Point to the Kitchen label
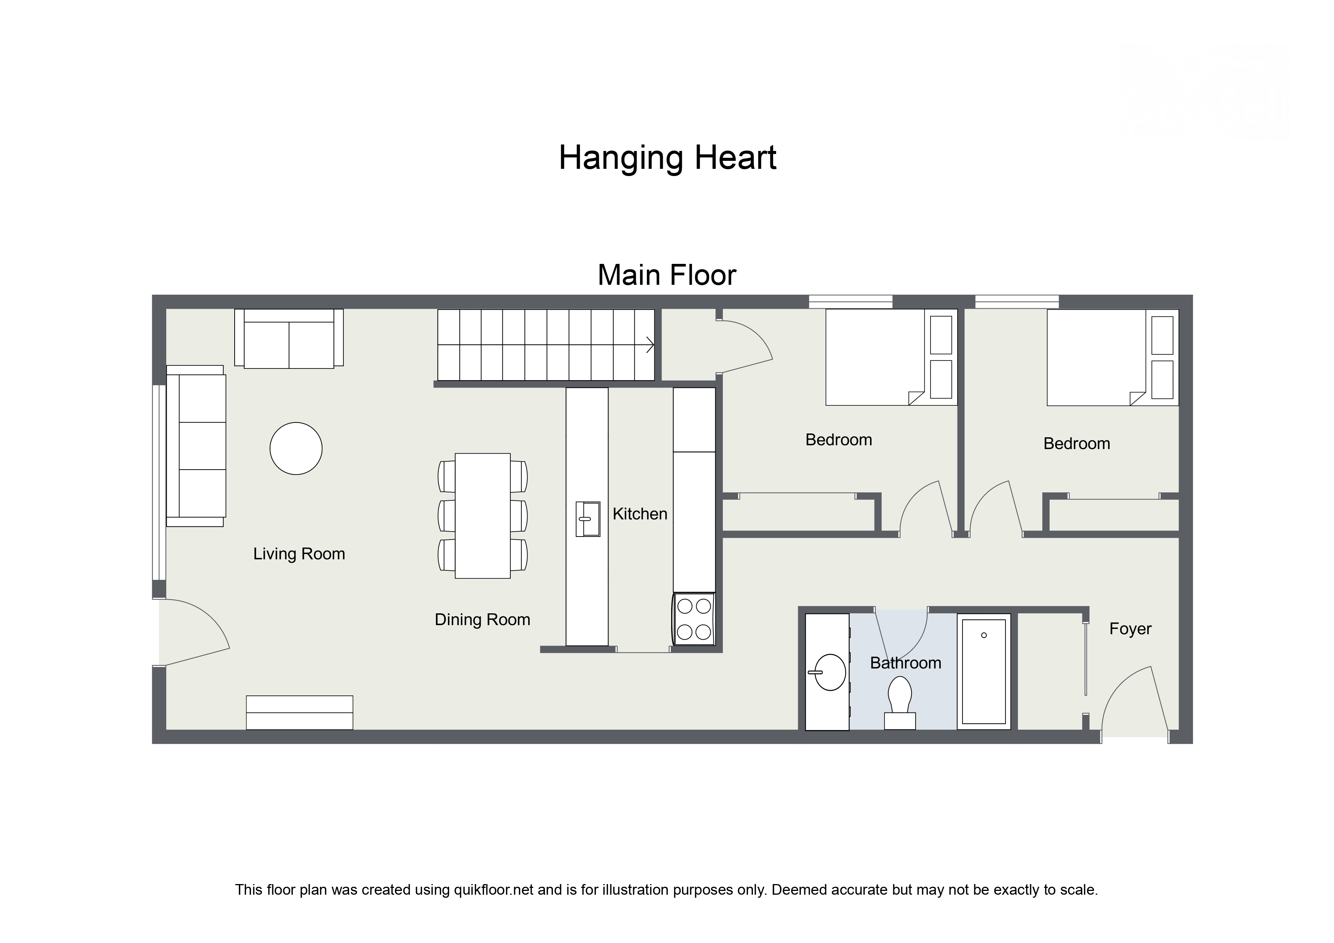pos(640,514)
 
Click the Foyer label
pos(1130,629)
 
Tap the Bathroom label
pos(905,663)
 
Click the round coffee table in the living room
pos(296,449)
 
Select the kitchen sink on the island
pos(588,519)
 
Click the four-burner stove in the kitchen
pos(694,619)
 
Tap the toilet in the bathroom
pos(899,703)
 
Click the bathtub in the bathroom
pos(984,672)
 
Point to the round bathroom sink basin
pos(830,672)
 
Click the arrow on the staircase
pos(650,344)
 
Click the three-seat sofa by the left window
pos(196,446)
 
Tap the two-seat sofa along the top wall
pos(289,339)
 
